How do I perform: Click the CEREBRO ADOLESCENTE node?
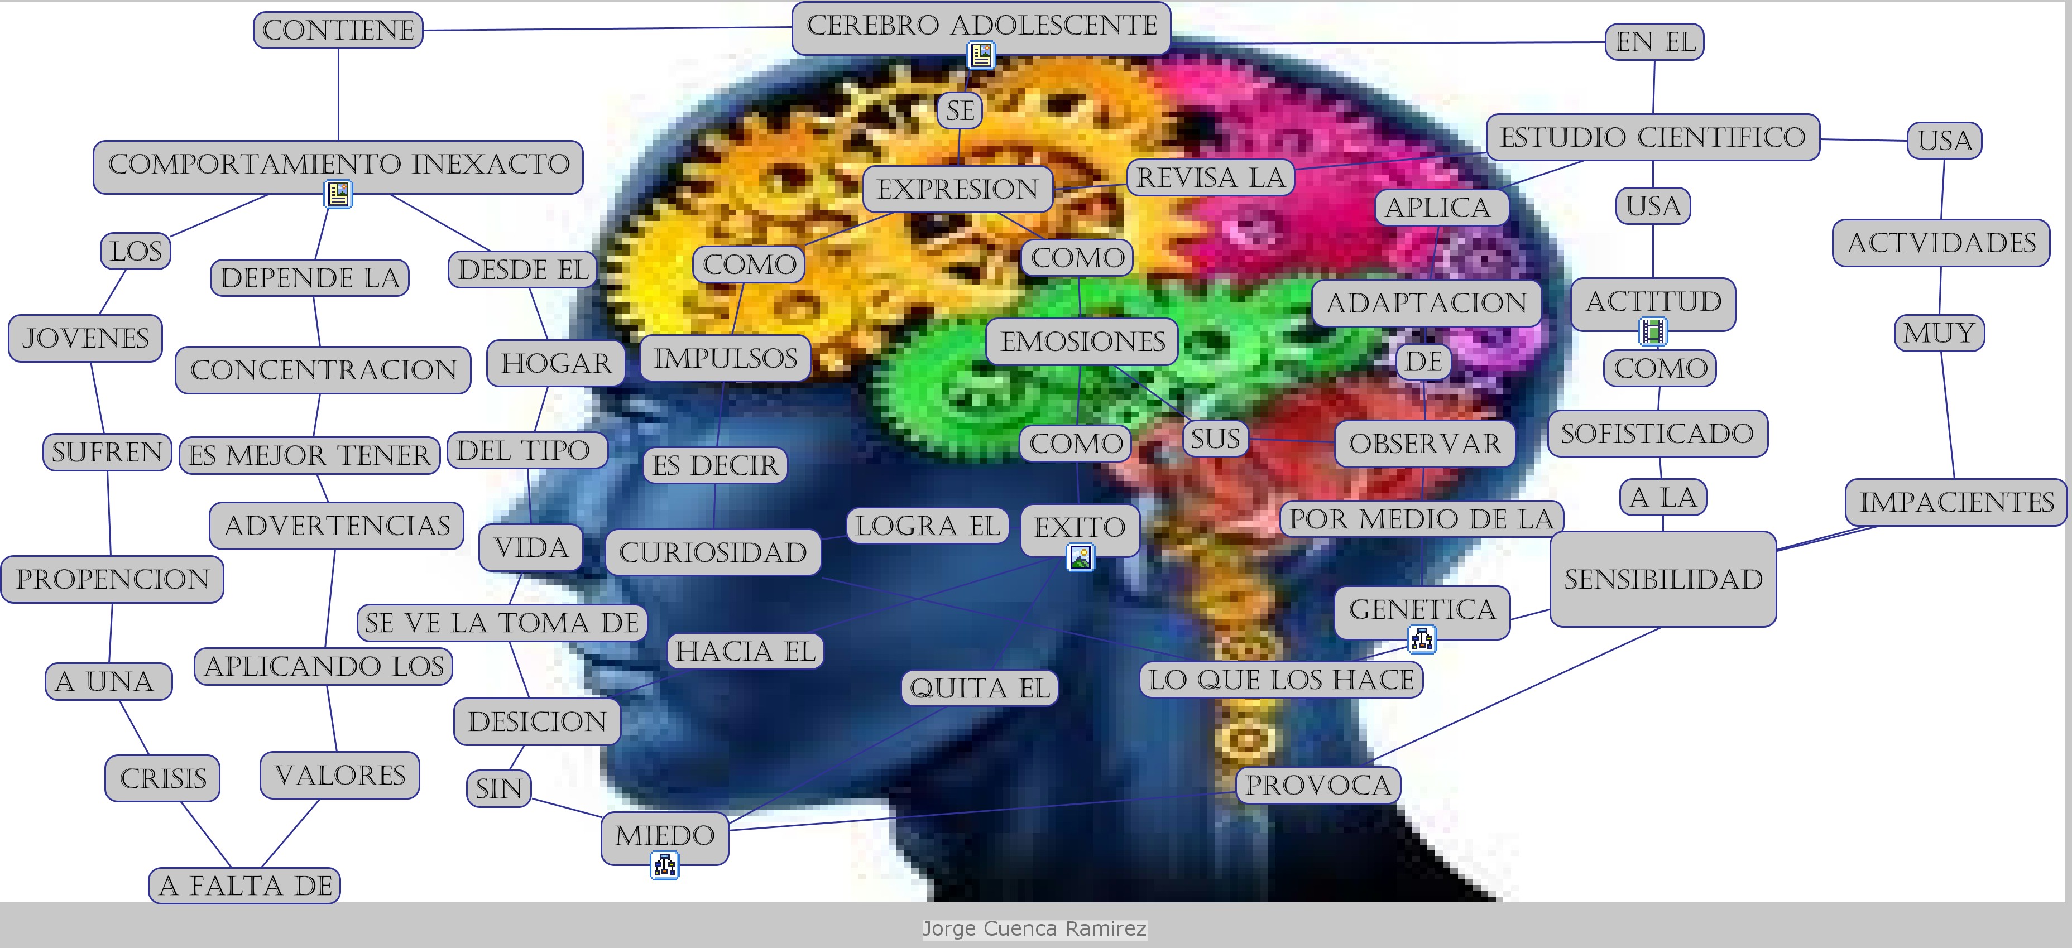point(981,26)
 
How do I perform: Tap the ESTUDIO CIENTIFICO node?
point(1652,137)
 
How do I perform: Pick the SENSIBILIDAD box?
point(1663,579)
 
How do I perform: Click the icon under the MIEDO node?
point(664,866)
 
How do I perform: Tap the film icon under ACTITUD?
point(1653,330)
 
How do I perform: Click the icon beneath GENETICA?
point(1422,640)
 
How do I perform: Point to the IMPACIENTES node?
point(1956,503)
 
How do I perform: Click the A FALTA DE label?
point(244,886)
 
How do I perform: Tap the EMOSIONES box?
point(1082,341)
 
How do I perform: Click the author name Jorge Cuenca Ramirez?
point(1034,928)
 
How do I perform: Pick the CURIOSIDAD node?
point(713,552)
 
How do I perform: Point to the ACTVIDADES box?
point(1941,243)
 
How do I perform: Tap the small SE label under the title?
point(960,110)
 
